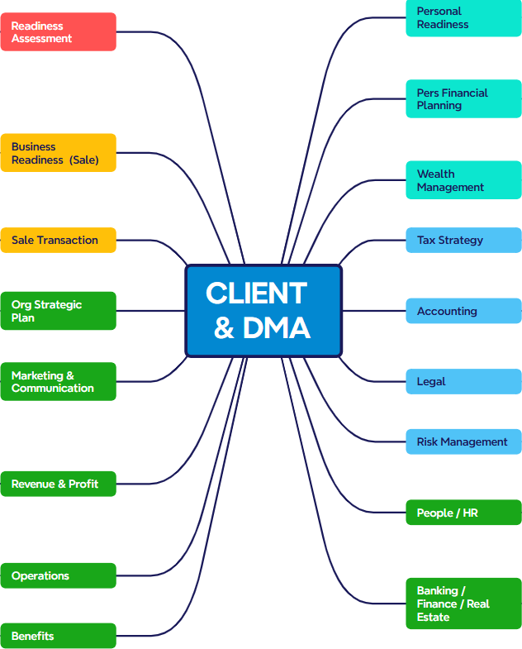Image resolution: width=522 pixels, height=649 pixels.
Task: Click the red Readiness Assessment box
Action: (x=59, y=32)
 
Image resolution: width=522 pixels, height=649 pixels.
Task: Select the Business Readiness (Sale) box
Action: (x=59, y=153)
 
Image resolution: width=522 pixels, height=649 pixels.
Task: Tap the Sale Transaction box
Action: (x=59, y=240)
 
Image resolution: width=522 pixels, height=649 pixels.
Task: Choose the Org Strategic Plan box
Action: (x=59, y=311)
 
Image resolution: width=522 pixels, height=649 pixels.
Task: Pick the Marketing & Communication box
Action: (x=59, y=382)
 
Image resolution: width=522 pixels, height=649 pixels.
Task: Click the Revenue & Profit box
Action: (x=59, y=484)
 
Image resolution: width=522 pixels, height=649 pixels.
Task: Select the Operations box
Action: (x=59, y=575)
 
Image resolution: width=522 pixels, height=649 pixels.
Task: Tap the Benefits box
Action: (x=59, y=636)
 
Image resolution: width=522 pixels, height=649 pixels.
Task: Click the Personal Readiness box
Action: (x=463, y=18)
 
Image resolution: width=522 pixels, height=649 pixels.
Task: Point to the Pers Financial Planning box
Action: (x=463, y=99)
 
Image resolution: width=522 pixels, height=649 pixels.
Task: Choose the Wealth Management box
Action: (x=463, y=180)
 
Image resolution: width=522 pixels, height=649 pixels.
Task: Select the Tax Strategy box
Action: (x=463, y=240)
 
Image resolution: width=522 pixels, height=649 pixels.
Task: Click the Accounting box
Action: (x=463, y=311)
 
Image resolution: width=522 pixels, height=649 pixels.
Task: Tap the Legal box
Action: (x=463, y=382)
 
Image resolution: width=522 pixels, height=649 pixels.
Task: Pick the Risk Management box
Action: (x=463, y=441)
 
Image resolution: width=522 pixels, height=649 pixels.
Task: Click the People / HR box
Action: (x=463, y=513)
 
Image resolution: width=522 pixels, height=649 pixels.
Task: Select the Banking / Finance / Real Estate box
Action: (x=463, y=604)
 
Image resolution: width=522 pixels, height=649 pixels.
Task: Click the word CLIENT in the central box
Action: (x=256, y=293)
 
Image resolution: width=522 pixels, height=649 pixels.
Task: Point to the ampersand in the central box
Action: (x=224, y=328)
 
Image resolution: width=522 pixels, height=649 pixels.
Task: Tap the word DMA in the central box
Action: (x=277, y=328)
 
